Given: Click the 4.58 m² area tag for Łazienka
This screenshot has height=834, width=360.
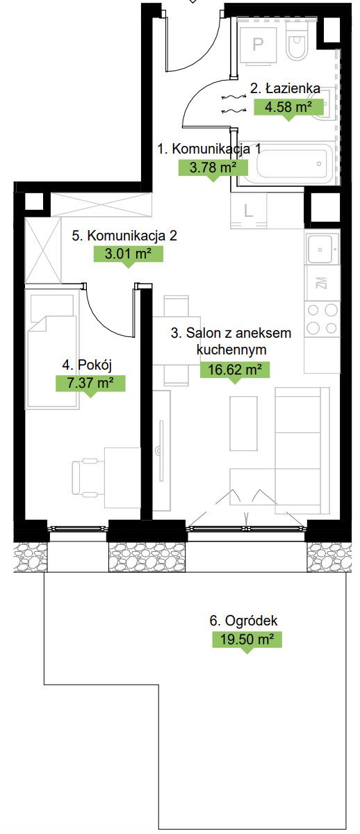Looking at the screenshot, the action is tap(288, 108).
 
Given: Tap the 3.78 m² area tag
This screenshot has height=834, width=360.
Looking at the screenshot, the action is tap(213, 167).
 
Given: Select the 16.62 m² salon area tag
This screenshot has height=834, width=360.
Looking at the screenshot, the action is tap(234, 370).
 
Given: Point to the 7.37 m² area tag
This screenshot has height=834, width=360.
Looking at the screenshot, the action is tap(90, 384).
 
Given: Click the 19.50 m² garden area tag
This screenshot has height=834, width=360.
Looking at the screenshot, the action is tap(247, 639).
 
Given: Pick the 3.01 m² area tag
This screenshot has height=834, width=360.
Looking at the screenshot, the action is tap(128, 254).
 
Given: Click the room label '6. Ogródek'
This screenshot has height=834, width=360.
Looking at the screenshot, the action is tap(243, 621).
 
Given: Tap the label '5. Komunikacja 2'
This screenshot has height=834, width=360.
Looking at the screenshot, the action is tap(124, 236).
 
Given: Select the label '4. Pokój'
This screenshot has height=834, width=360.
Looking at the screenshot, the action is tap(87, 366).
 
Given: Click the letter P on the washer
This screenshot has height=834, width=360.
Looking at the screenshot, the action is tap(258, 44).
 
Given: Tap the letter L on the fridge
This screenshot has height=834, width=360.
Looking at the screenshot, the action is tap(248, 211).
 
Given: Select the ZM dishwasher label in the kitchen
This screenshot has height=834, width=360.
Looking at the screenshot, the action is tap(322, 283).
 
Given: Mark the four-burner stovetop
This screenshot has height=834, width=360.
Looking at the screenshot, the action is tap(322, 319).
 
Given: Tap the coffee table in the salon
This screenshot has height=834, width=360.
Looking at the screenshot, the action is tap(244, 423).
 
